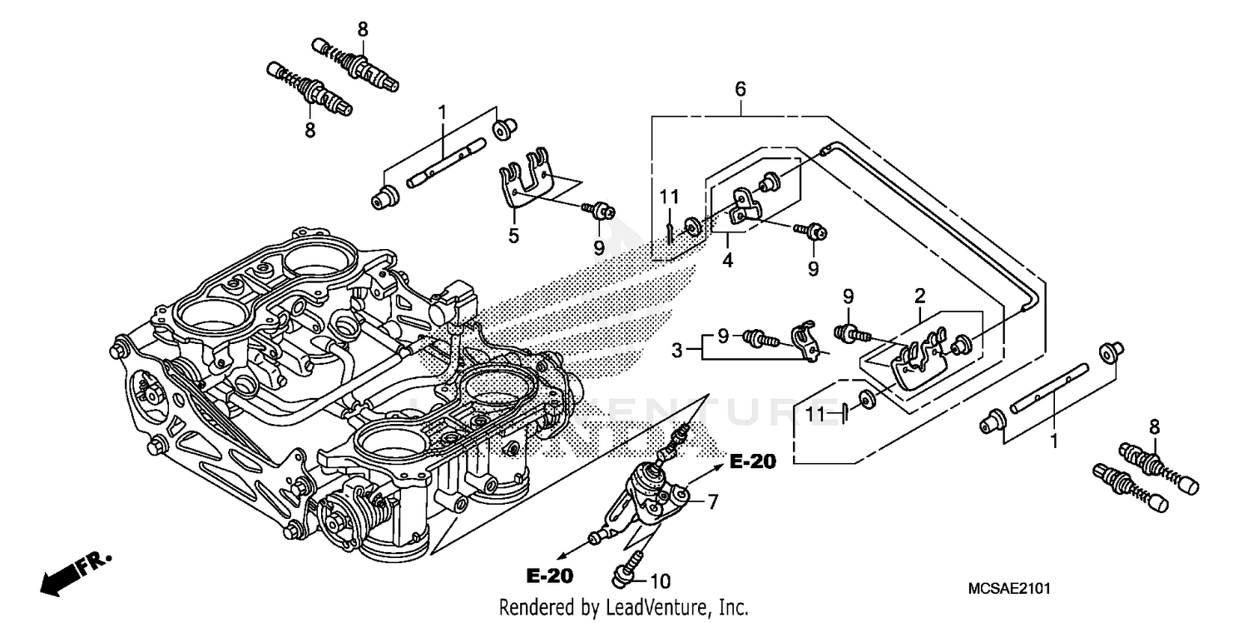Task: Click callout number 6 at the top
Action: tap(740, 87)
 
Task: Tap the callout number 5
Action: tap(513, 236)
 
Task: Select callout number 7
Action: tap(712, 501)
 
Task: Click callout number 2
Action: tap(919, 296)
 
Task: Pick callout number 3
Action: tap(677, 351)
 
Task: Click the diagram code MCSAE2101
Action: tap(1009, 588)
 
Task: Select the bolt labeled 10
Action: tap(626, 571)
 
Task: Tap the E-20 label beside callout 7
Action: tap(753, 462)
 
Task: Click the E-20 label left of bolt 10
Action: tap(550, 575)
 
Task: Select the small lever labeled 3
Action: tap(805, 340)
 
